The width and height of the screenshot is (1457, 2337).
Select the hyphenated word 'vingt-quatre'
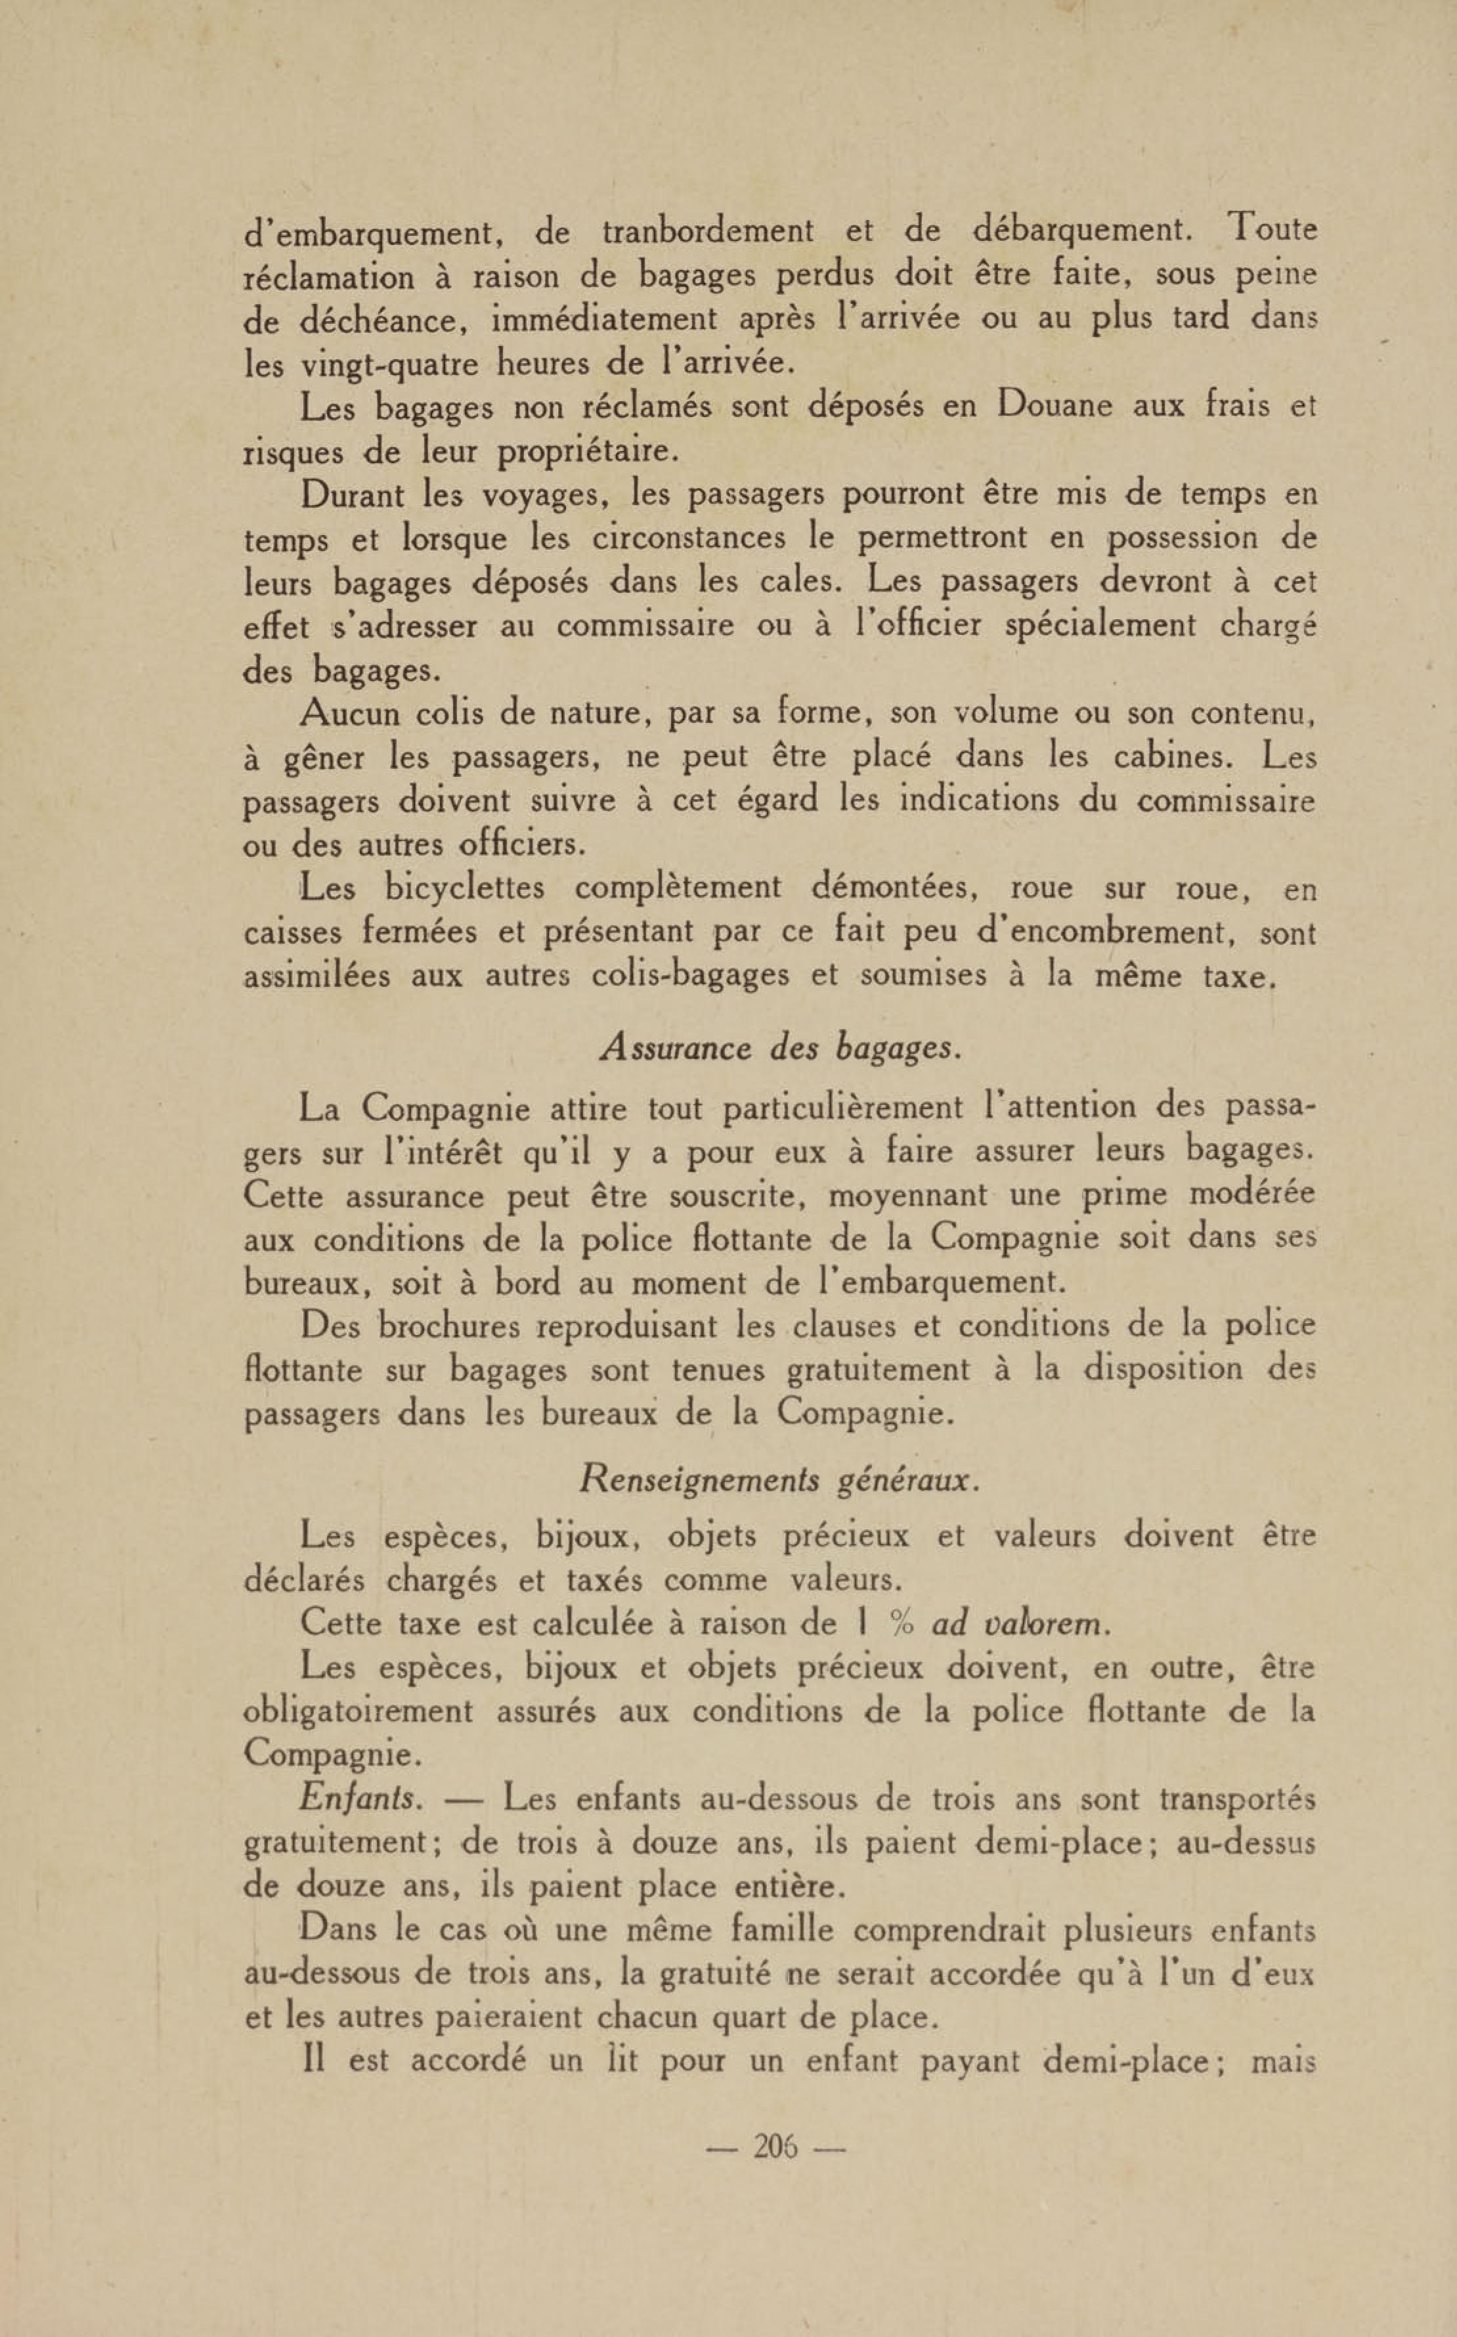click(390, 365)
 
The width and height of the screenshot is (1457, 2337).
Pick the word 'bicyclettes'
click(464, 888)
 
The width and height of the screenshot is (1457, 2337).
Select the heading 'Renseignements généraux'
click(779, 1480)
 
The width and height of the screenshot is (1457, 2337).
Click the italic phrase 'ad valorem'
click(1020, 1625)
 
